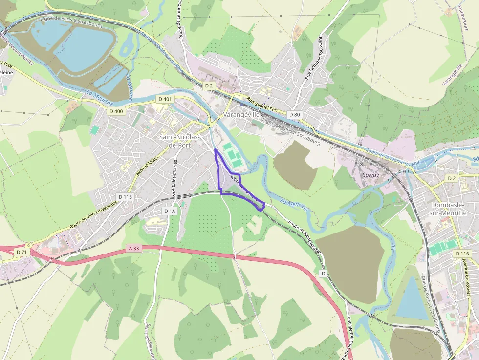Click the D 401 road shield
coord(165,99)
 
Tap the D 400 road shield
coord(116,111)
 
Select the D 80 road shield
coord(294,114)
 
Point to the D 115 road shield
coord(125,196)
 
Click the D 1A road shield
coord(169,211)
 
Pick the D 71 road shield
coord(21,252)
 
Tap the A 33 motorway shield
coord(133,248)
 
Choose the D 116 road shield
coord(462,254)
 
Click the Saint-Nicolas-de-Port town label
coord(179,141)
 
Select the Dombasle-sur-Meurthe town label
coord(449,209)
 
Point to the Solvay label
coord(371,174)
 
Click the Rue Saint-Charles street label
coord(174,178)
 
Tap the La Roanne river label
coord(129,87)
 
